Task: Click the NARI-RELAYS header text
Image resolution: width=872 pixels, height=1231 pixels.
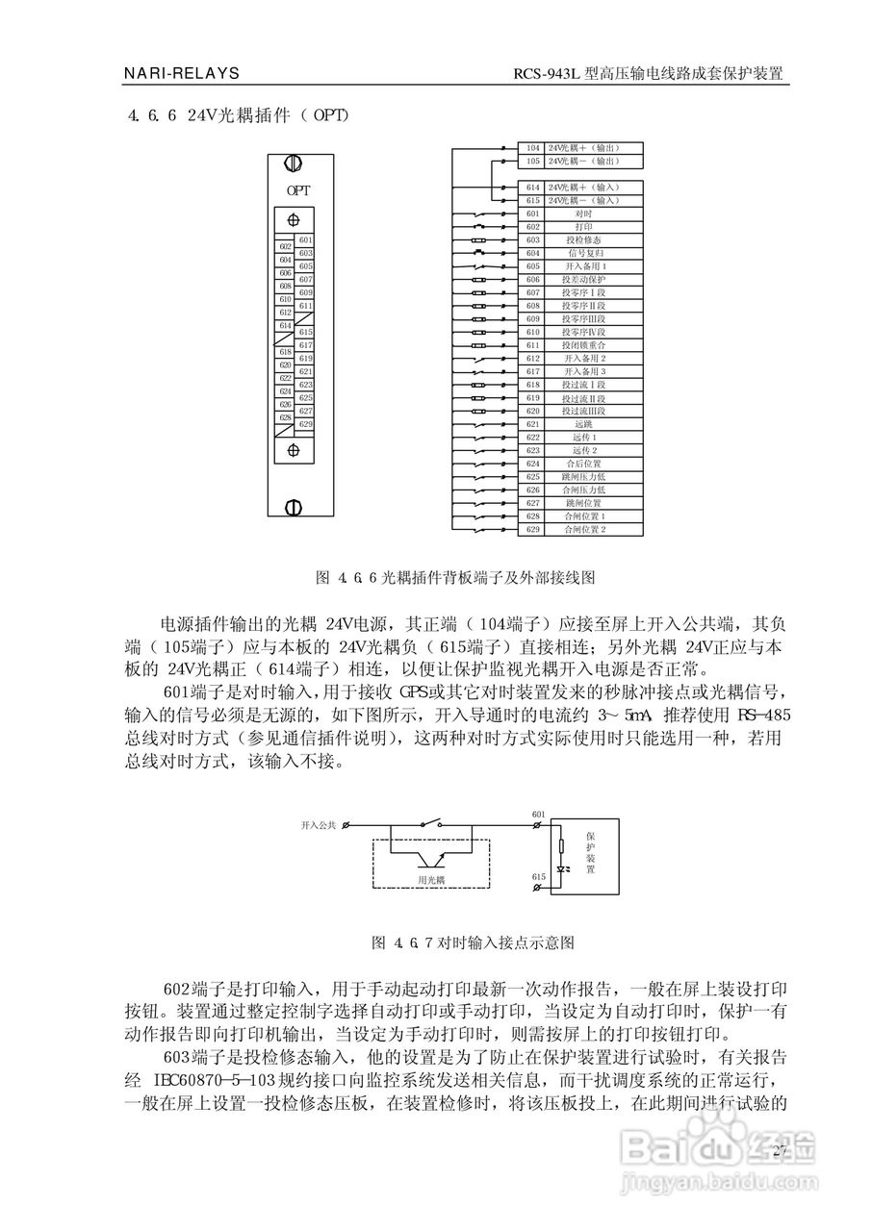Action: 182,73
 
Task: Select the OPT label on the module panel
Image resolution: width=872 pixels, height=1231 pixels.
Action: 297,190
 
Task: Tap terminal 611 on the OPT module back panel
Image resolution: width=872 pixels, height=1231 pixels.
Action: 306,306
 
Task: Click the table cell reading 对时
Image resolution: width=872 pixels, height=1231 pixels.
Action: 583,213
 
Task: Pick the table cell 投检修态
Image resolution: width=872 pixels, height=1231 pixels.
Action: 583,239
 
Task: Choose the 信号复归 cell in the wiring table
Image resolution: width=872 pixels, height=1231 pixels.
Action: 583,252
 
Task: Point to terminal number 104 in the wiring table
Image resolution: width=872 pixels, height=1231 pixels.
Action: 533,148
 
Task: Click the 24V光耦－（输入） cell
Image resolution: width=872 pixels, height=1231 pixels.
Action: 583,200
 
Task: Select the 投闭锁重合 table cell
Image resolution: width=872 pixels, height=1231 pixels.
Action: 583,344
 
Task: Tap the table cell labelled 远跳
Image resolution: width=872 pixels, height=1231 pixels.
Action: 583,424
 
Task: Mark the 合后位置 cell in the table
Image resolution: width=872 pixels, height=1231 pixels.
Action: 583,464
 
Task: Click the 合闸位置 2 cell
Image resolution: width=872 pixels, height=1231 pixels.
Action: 583,530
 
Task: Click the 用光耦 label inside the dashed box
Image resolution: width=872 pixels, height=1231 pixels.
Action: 430,879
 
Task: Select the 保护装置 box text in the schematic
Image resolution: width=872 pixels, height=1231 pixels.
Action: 590,852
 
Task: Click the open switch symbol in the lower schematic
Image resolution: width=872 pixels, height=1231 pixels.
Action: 430,824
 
